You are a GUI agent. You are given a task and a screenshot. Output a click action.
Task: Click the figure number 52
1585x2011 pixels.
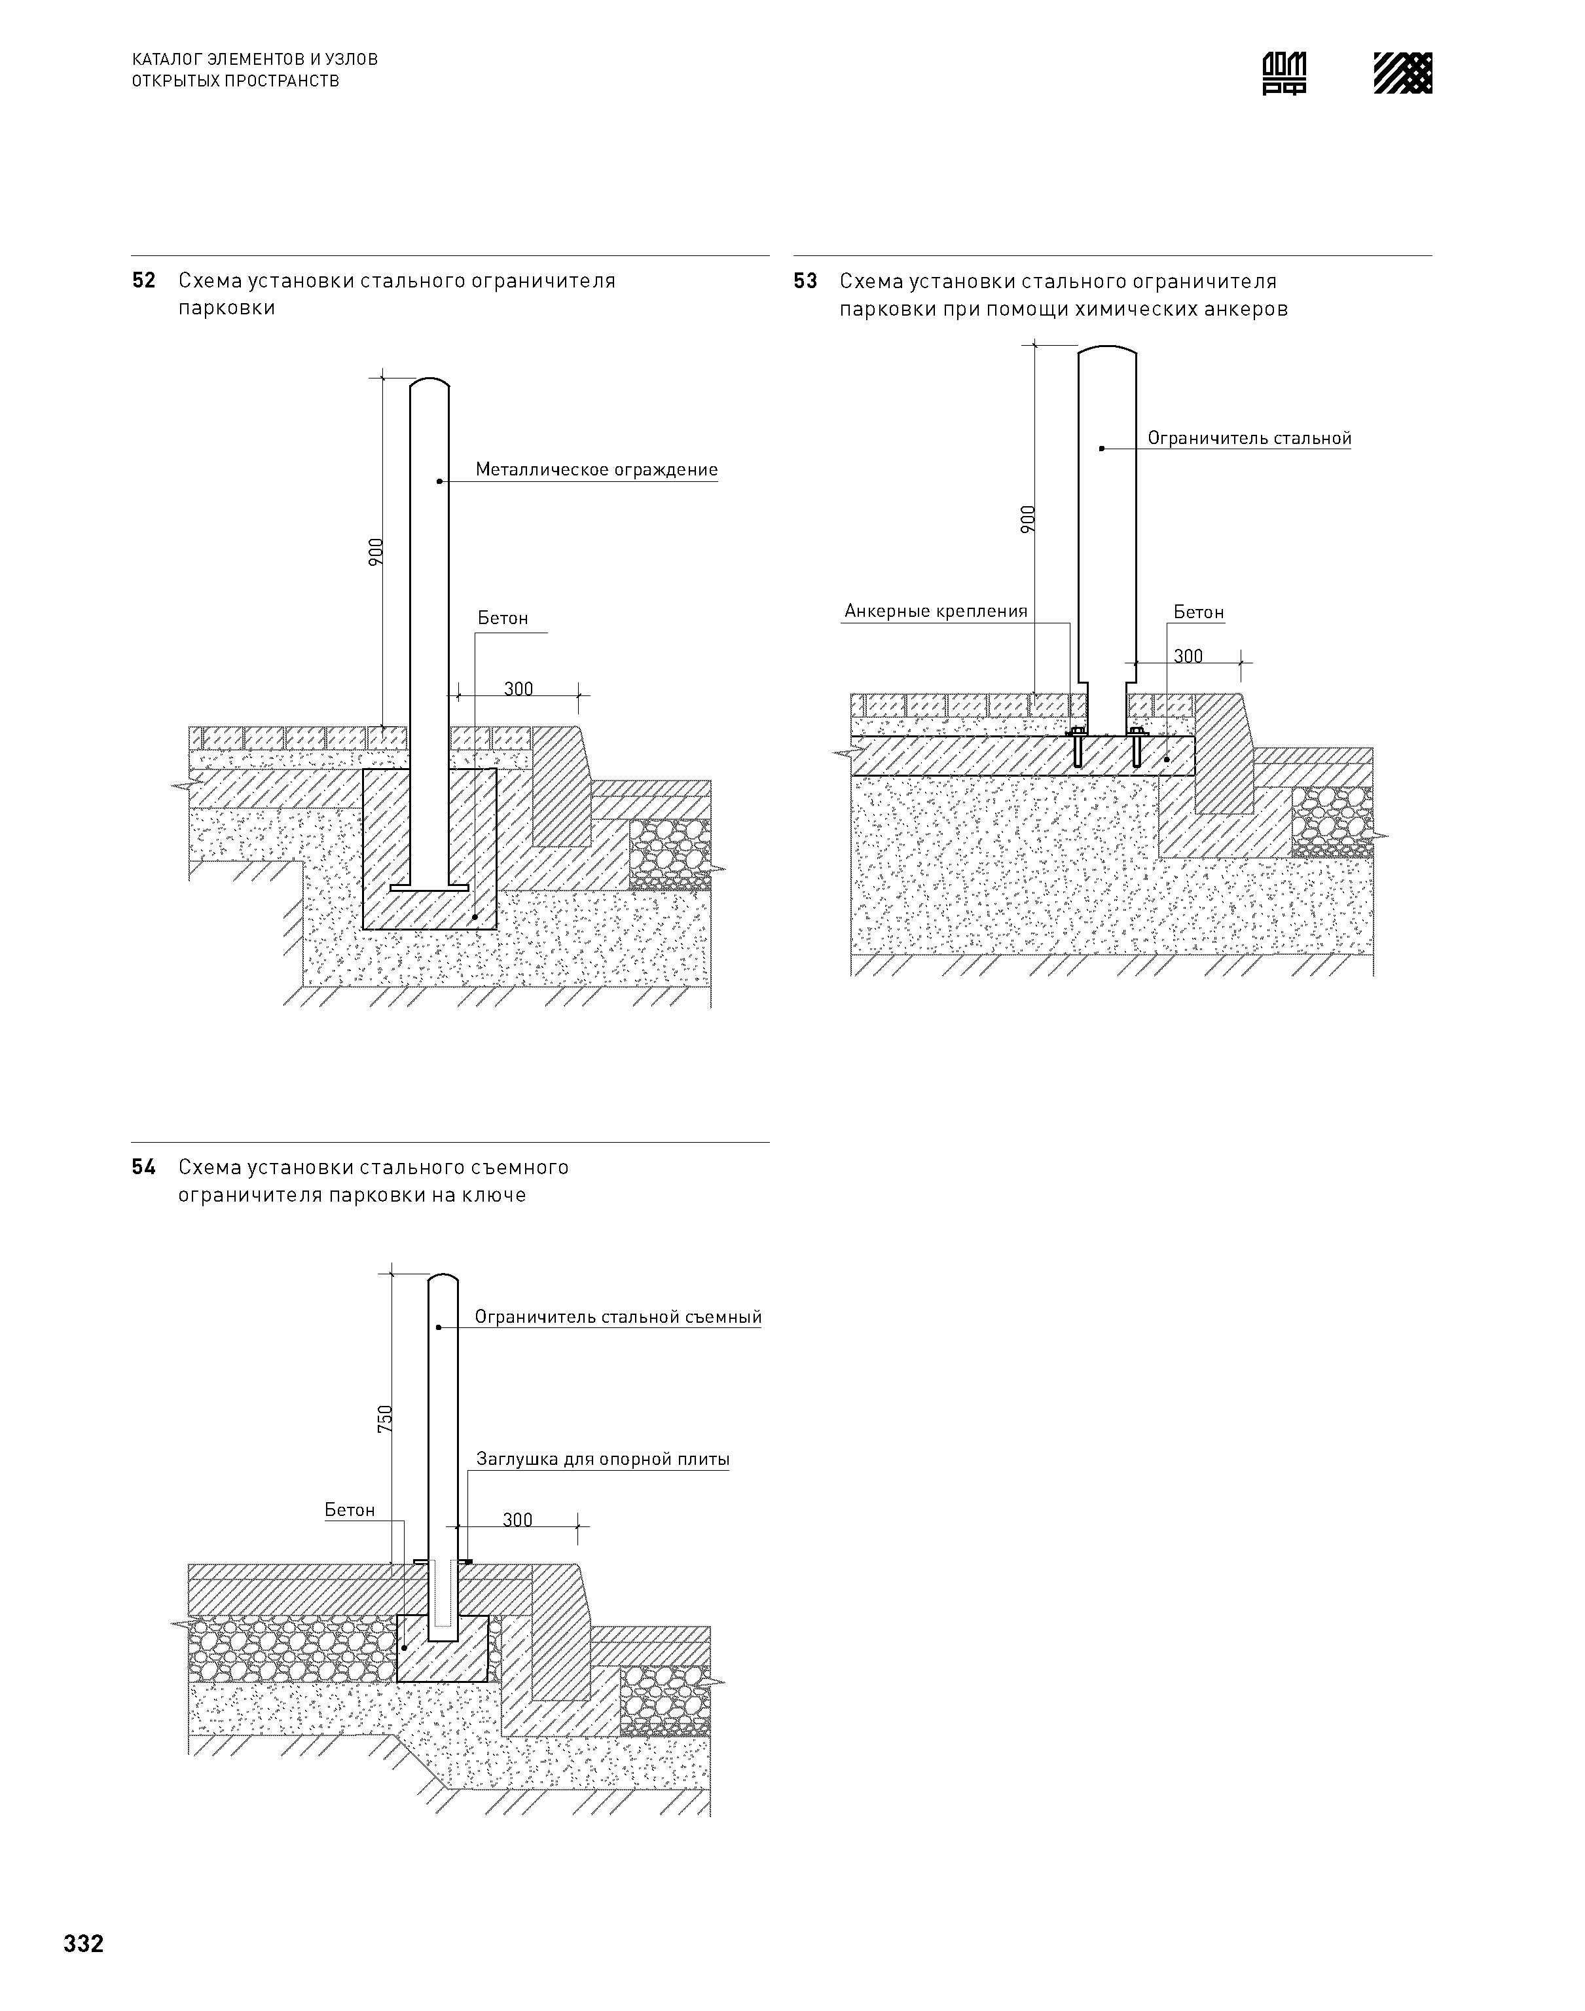tap(144, 280)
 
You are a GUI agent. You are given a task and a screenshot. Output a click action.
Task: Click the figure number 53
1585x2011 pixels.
tap(805, 281)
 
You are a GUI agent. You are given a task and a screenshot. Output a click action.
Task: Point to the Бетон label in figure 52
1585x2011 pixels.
tap(503, 618)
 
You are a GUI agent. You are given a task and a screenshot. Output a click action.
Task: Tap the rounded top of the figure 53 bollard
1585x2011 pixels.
tap(1107, 351)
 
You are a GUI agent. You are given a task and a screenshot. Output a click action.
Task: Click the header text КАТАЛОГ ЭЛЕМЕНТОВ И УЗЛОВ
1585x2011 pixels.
tap(255, 60)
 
